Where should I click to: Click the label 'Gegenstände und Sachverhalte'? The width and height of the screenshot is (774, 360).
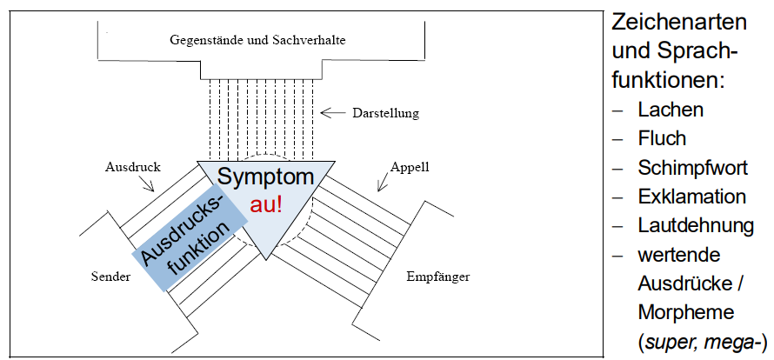point(260,41)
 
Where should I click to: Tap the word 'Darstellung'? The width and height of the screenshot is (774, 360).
point(385,113)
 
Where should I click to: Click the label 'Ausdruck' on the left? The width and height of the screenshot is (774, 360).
point(127,165)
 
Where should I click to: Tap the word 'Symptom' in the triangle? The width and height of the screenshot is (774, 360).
point(265,177)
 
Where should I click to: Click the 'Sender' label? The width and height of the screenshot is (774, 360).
point(110,277)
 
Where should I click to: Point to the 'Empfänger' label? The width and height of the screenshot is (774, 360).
point(438,277)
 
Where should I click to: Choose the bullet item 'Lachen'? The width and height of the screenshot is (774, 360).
point(671,110)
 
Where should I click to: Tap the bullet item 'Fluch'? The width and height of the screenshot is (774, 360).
point(662,138)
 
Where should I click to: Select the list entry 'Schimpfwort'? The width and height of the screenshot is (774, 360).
point(693,168)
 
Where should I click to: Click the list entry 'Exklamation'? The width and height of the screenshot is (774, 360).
point(692,197)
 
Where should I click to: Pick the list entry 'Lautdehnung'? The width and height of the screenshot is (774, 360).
point(696,225)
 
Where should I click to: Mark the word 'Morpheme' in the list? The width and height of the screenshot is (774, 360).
point(684,311)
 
